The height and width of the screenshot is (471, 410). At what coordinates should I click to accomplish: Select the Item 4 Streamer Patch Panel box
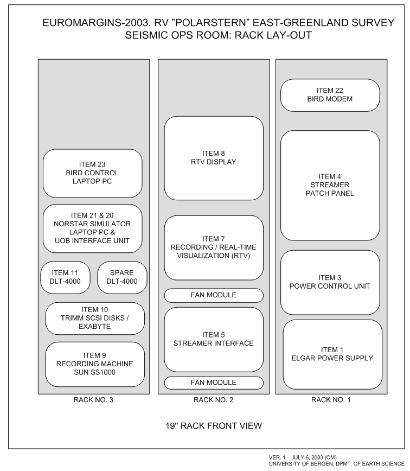pyautogui.click(x=330, y=185)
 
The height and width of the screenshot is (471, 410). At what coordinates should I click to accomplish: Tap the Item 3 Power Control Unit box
pyautogui.click(x=330, y=282)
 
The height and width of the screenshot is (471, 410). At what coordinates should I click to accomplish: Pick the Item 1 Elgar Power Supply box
pyautogui.click(x=332, y=354)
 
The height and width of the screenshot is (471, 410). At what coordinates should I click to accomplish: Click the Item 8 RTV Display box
pyautogui.click(x=214, y=158)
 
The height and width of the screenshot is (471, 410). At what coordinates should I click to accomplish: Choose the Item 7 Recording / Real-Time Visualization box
pyautogui.click(x=214, y=247)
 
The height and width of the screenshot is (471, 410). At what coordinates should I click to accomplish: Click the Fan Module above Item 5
pyautogui.click(x=214, y=295)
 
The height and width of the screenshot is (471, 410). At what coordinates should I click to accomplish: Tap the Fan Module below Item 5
pyautogui.click(x=214, y=383)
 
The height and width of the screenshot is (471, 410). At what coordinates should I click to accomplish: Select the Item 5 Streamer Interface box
pyautogui.click(x=214, y=339)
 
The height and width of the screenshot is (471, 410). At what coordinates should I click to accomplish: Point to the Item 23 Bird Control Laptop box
pyautogui.click(x=92, y=173)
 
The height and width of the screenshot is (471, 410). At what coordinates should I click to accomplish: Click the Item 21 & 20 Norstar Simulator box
pyautogui.click(x=92, y=228)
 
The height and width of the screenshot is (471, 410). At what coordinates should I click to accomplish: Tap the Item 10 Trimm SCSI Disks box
pyautogui.click(x=95, y=319)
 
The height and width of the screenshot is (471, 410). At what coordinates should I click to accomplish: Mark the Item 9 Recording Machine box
pyautogui.click(x=95, y=364)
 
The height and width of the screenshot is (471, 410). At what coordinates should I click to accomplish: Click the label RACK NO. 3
pyautogui.click(x=94, y=401)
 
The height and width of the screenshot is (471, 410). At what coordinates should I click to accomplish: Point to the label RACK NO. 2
pyautogui.click(x=214, y=401)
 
